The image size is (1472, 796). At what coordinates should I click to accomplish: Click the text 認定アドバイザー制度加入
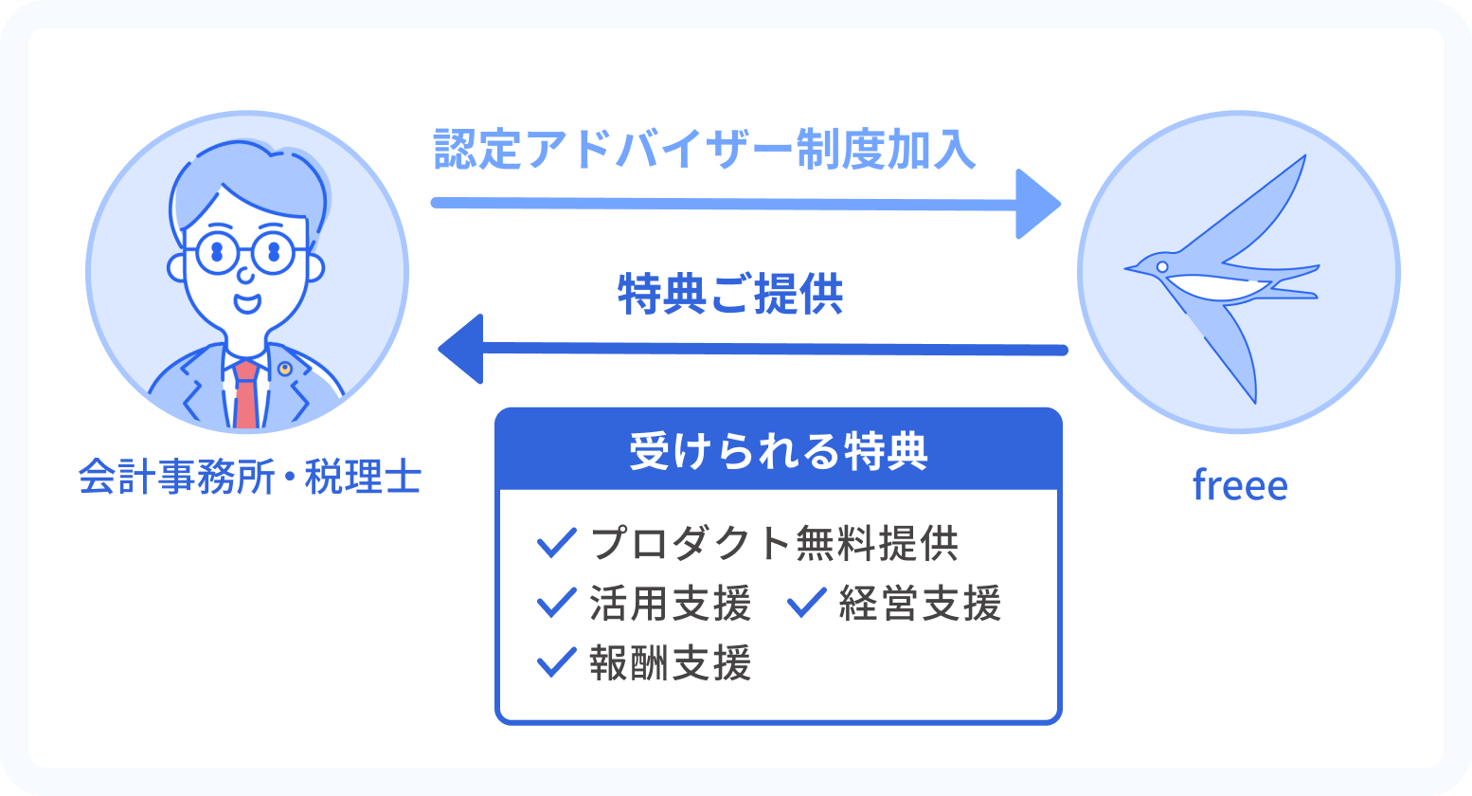tap(705, 151)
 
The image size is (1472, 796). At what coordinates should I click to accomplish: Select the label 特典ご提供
tap(730, 294)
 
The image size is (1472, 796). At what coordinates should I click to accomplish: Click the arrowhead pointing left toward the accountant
tap(462, 349)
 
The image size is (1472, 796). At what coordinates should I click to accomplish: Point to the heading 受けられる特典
tap(778, 451)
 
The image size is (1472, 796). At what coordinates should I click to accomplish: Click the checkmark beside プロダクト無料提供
tap(556, 543)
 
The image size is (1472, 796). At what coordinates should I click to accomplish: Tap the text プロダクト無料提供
tap(774, 543)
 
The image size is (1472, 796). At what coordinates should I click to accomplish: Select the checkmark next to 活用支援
tap(556, 603)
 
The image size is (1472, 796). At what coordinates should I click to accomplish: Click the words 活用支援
tap(670, 604)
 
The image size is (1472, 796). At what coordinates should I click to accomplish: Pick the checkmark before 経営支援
tap(807, 603)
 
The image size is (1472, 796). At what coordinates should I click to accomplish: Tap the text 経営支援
tap(920, 604)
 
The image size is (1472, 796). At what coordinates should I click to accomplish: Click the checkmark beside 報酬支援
tap(556, 662)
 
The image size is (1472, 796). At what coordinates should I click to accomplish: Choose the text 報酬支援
tap(670, 663)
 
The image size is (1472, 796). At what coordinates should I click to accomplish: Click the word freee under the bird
tap(1239, 486)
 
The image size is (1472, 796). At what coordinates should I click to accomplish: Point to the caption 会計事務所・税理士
tap(249, 478)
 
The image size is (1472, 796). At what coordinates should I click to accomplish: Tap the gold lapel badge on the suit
tap(284, 369)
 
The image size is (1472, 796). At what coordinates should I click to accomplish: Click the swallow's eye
tap(1162, 267)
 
